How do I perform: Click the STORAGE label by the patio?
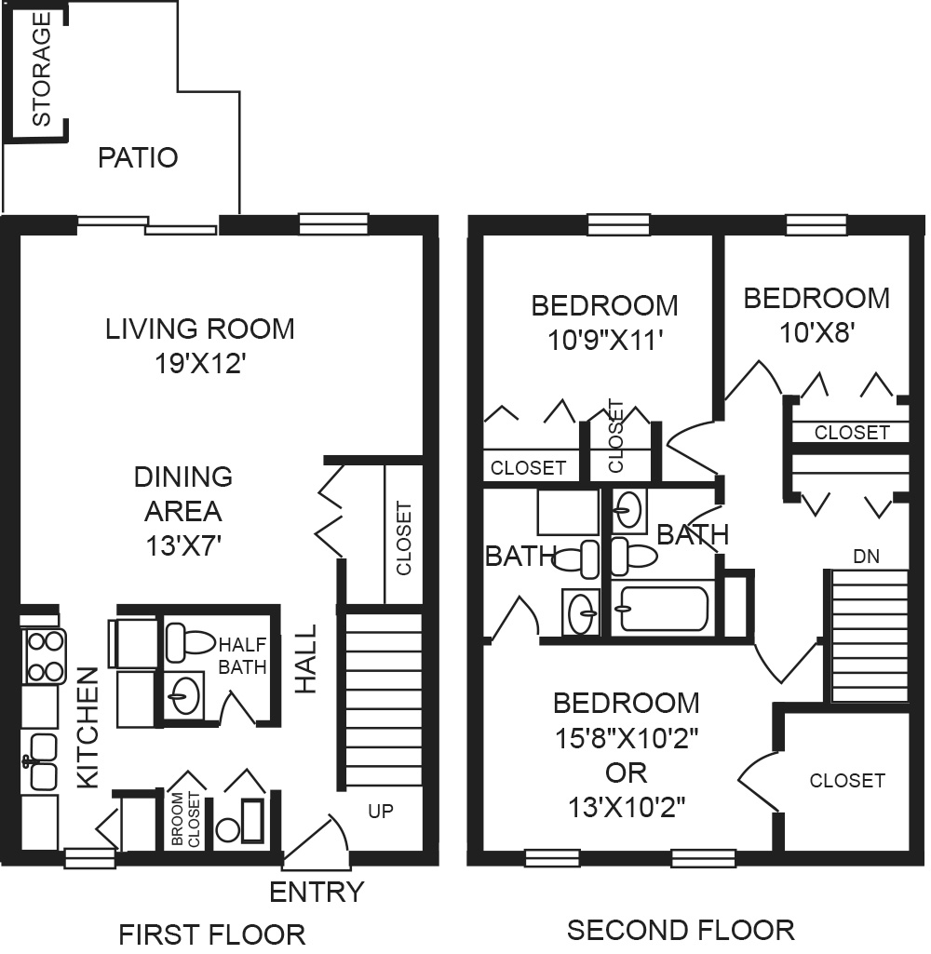click(x=41, y=69)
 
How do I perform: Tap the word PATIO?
click(x=138, y=158)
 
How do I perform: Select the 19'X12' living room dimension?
click(x=200, y=364)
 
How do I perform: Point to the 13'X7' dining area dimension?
click(x=182, y=545)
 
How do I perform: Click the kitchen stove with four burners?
click(x=45, y=656)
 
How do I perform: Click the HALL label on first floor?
click(x=306, y=658)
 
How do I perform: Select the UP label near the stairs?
click(x=381, y=811)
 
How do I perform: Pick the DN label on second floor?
click(x=866, y=556)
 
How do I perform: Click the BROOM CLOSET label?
click(x=185, y=819)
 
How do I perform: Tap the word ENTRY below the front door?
click(x=317, y=893)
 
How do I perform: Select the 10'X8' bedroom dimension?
click(x=817, y=333)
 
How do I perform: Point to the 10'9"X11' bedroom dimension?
click(x=605, y=340)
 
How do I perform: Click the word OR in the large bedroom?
click(x=627, y=773)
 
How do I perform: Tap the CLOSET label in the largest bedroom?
click(x=847, y=781)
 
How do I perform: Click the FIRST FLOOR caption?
click(x=211, y=934)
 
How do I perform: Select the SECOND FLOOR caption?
click(x=681, y=931)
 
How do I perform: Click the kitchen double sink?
click(x=42, y=762)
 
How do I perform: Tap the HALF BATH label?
click(x=242, y=655)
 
